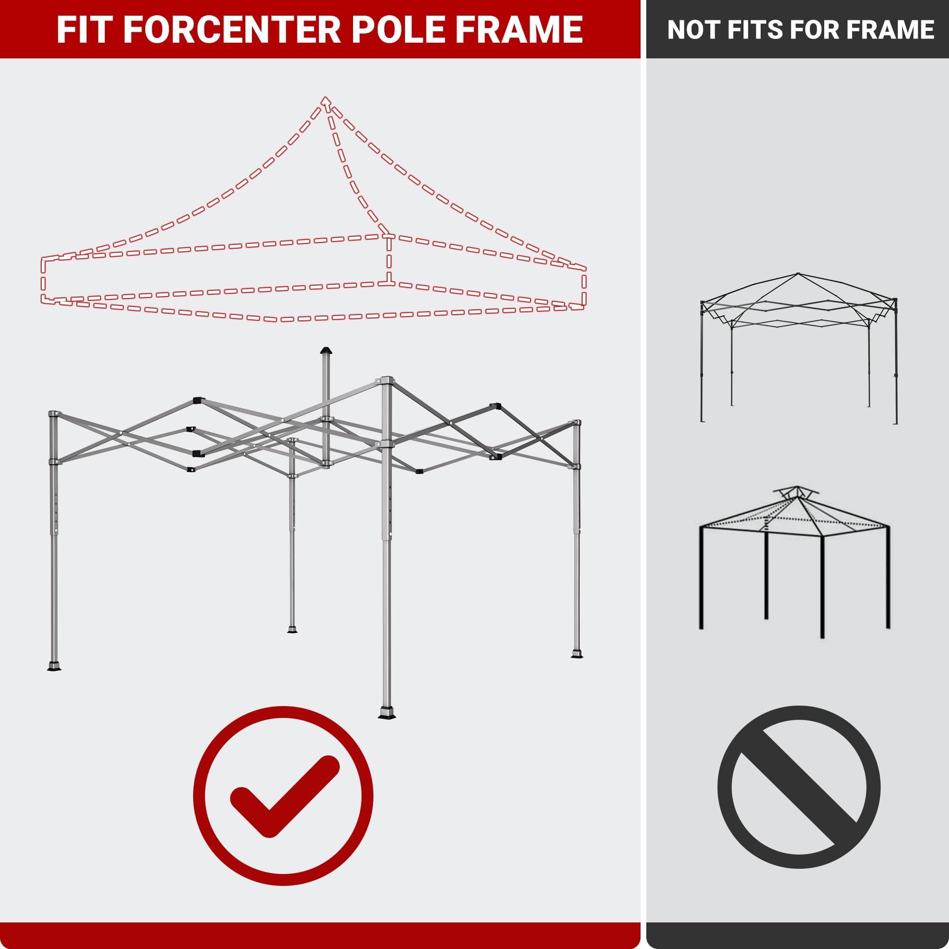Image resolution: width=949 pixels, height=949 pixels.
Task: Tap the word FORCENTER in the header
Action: point(233,29)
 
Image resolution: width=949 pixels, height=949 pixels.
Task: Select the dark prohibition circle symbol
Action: point(799,787)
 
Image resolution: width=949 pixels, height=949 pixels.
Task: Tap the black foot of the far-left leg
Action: point(54,666)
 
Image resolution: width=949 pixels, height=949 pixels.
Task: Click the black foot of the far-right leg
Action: point(577,654)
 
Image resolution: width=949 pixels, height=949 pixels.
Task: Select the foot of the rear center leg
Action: point(292,630)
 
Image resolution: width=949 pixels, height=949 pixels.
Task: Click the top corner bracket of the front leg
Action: point(386,381)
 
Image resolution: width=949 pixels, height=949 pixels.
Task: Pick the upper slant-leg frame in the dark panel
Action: point(798,347)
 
